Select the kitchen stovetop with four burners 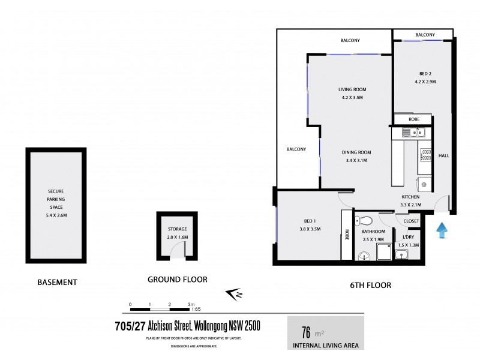[425, 155]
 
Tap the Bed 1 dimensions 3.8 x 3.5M [310, 229]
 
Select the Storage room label [177, 229]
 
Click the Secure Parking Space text [56, 199]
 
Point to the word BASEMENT [57, 282]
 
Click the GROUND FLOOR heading [177, 279]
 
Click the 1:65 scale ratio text [196, 310]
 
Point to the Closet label [411, 221]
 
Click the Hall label [444, 156]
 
